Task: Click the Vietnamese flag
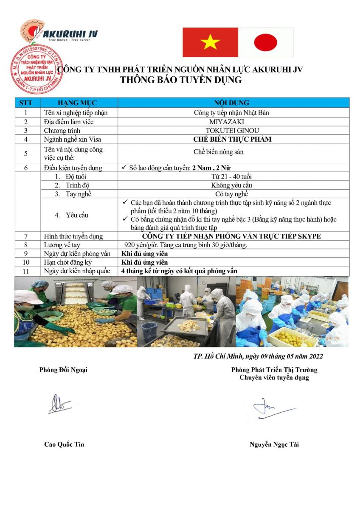[210, 42]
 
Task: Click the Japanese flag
[266, 42]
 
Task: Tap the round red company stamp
[36, 69]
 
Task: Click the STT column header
[26, 103]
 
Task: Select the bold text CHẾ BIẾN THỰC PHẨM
[232, 139]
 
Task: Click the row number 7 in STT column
[26, 236]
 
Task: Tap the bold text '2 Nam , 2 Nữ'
[211, 168]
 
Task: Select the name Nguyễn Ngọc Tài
[274, 445]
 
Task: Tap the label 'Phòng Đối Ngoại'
[63, 369]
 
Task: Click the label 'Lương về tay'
[62, 245]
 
